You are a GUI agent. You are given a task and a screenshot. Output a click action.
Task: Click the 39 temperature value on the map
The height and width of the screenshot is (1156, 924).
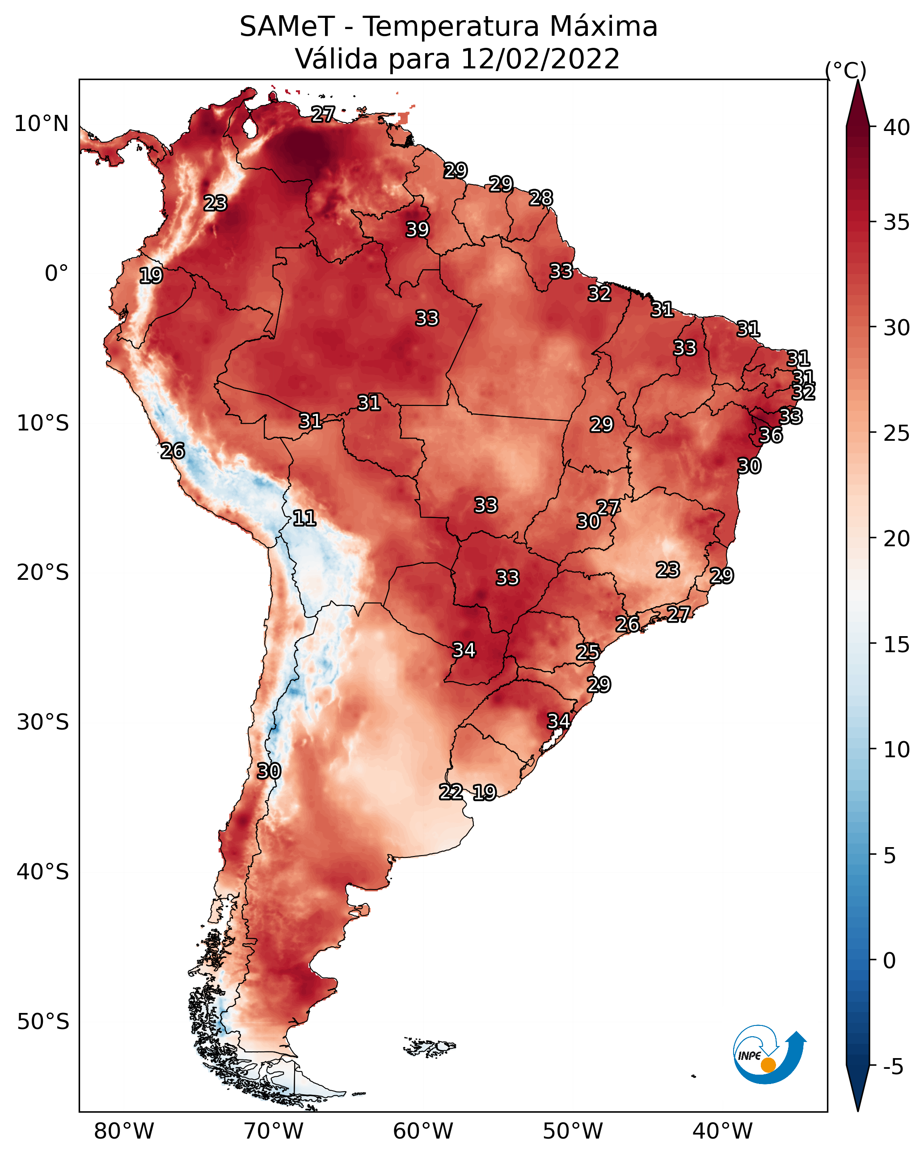coord(417,229)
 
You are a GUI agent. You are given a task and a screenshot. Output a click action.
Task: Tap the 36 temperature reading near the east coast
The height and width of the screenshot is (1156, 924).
coord(771,435)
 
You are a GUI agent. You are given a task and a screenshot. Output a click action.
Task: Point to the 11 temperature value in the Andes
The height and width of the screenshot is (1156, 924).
coord(304,518)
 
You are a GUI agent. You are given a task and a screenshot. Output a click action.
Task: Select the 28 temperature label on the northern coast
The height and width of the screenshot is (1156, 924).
coord(540,198)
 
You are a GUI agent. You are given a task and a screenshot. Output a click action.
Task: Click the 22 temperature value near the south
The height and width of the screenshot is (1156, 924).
coord(451,792)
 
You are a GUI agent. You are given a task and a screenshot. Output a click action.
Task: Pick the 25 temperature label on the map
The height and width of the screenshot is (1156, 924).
coord(588,652)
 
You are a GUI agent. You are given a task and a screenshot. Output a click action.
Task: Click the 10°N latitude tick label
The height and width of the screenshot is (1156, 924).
coord(41,124)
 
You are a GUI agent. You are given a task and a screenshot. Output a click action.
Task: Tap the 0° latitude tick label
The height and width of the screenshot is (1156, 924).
coord(57,274)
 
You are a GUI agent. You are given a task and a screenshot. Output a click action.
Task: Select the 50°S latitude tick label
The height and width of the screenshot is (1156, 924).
coord(43,1022)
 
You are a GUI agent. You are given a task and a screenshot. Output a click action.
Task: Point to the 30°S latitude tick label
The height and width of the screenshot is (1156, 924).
coord(43,722)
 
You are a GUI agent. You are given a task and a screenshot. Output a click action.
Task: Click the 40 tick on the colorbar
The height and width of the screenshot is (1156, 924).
coord(896,127)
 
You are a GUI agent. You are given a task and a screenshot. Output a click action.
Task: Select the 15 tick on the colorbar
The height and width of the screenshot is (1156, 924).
coord(896,645)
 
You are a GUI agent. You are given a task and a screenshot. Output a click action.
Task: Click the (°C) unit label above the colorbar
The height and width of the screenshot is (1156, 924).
coord(845,70)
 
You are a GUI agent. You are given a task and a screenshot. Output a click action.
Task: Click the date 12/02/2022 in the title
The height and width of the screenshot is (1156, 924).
coord(540,59)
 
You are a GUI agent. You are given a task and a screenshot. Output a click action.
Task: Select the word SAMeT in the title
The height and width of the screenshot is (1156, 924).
coord(287,27)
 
